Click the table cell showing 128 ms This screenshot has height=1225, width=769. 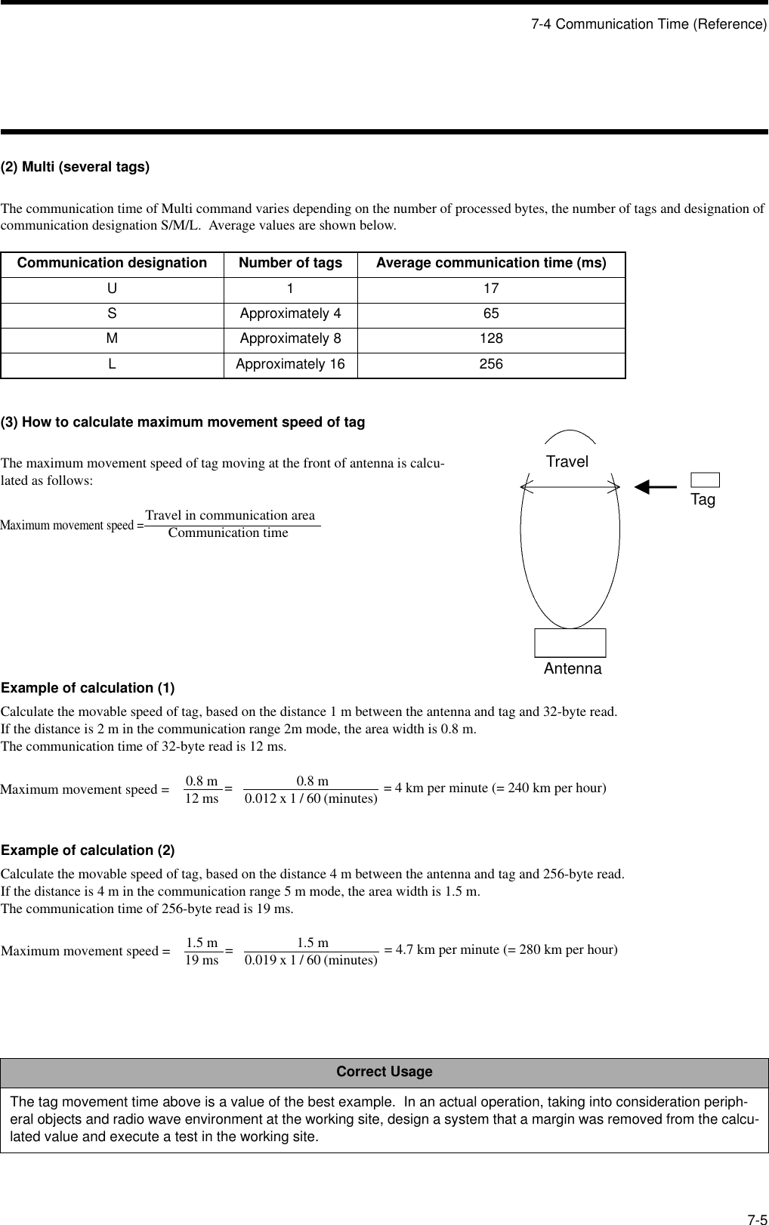click(x=491, y=339)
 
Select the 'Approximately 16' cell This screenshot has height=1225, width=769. click(x=290, y=364)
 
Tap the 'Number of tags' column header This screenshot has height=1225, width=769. click(x=290, y=264)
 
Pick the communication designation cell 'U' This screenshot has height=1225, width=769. click(x=112, y=289)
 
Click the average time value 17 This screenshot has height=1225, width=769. click(x=491, y=289)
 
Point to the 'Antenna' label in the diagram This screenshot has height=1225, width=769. click(x=573, y=669)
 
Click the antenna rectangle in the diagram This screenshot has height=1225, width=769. click(x=570, y=643)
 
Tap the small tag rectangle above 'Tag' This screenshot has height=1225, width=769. click(x=705, y=480)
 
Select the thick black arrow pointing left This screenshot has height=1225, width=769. click(x=656, y=487)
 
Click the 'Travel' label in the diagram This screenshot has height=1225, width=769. click(x=567, y=461)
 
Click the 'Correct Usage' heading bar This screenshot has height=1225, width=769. click(x=384, y=1072)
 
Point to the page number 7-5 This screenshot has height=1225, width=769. click(x=757, y=1199)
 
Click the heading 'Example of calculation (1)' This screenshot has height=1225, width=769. click(x=88, y=688)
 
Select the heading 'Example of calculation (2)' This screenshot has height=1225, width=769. click(x=88, y=850)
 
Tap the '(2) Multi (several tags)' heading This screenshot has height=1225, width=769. click(x=75, y=167)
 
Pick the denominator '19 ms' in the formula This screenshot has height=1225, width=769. click(x=202, y=961)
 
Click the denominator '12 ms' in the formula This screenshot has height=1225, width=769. click(x=202, y=798)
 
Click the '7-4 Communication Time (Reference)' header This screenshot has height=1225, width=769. click(x=648, y=24)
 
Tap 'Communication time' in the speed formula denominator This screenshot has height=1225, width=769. click(x=228, y=533)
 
